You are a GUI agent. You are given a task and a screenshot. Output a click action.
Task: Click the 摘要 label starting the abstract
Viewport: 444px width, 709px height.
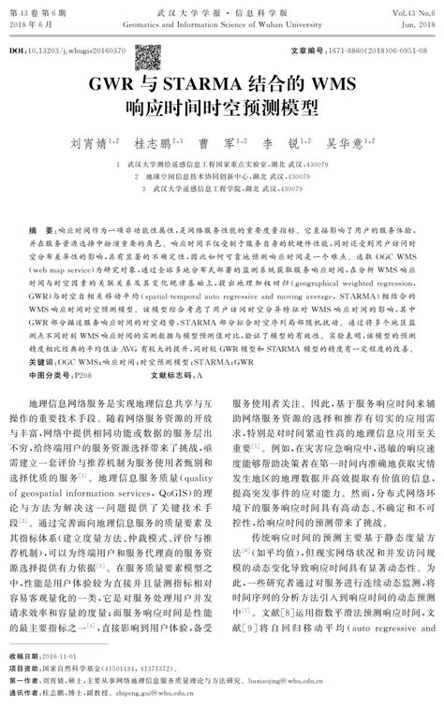41,228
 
